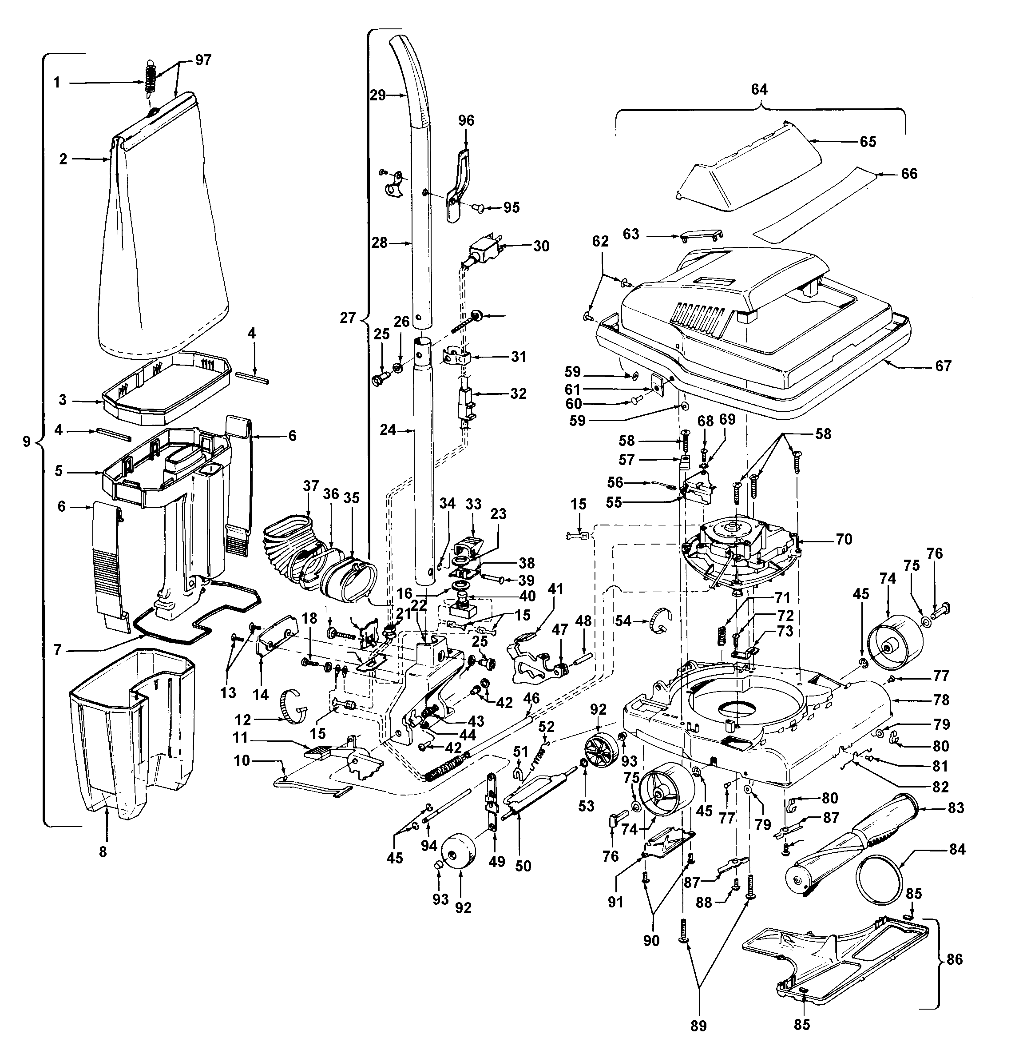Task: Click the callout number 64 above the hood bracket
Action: click(759, 89)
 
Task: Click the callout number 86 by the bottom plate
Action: click(955, 959)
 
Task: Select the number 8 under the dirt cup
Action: click(103, 851)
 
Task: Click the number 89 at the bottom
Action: click(698, 1026)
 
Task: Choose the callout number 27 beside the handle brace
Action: click(348, 318)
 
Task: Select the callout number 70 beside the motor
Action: click(844, 540)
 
